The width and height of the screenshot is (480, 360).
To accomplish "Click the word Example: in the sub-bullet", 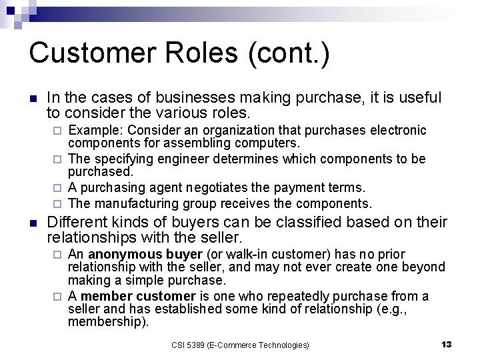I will click(97, 129).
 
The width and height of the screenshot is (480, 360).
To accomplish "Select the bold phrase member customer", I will click(139, 296).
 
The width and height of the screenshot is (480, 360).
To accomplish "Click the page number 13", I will click(447, 344).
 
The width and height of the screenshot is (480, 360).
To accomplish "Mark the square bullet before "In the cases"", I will click(33, 98).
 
